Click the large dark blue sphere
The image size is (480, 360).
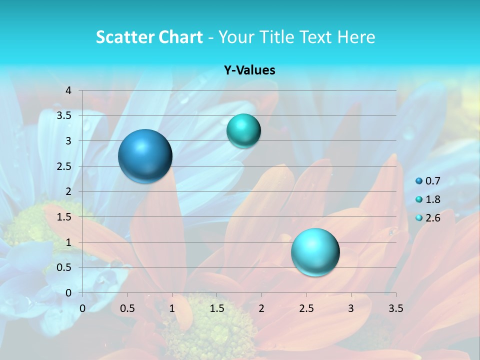(x=145, y=156)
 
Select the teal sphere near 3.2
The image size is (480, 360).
(x=243, y=131)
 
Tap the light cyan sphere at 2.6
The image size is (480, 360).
(x=315, y=252)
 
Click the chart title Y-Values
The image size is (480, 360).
(x=249, y=70)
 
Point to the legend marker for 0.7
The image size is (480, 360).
(x=418, y=181)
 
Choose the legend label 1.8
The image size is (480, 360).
(x=432, y=199)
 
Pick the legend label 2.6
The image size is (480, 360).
(x=432, y=218)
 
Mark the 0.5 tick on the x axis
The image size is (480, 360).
(x=127, y=307)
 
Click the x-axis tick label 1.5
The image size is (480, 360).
(x=216, y=307)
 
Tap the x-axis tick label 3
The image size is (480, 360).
(x=351, y=307)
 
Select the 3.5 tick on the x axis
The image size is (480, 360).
(x=395, y=307)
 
